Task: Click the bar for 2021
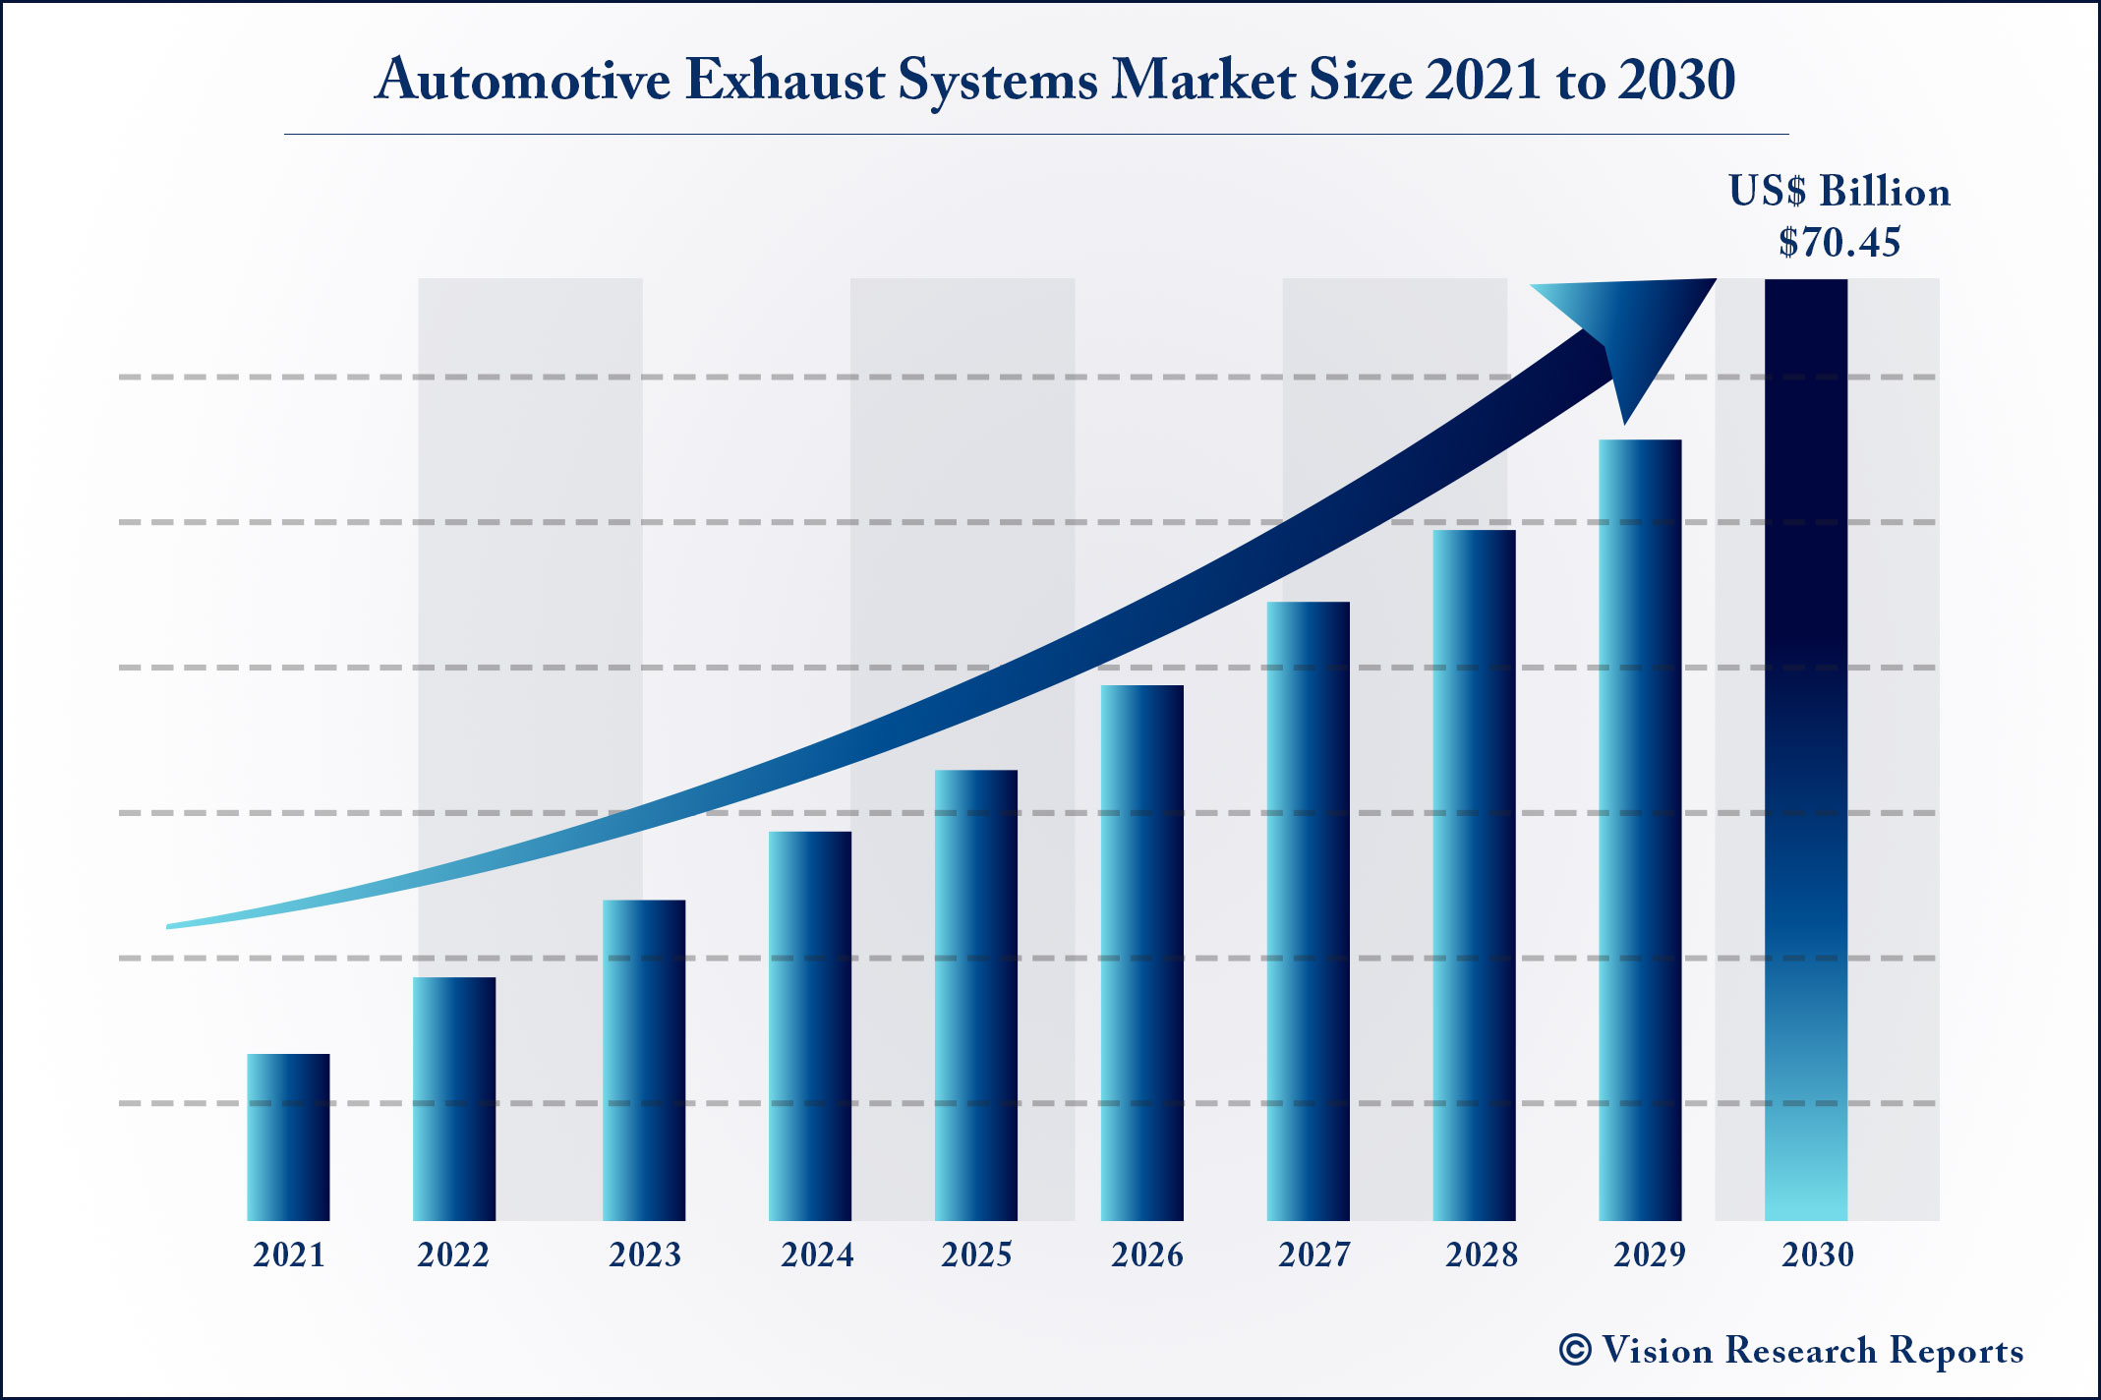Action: (x=288, y=1137)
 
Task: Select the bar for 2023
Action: (x=644, y=1060)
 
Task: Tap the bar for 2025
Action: (x=976, y=995)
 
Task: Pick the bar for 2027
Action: (x=1308, y=910)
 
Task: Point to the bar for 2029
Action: (x=1640, y=830)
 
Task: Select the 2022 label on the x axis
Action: (x=453, y=1255)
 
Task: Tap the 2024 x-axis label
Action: (x=817, y=1255)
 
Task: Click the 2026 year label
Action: (x=1147, y=1255)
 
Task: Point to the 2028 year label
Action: (x=1482, y=1255)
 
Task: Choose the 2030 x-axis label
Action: (x=1818, y=1255)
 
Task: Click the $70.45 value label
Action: (x=1839, y=243)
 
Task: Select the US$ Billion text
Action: (x=1839, y=192)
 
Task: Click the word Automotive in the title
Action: (x=522, y=80)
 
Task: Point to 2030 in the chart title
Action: (x=1677, y=80)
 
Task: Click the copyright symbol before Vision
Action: (x=1575, y=1350)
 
